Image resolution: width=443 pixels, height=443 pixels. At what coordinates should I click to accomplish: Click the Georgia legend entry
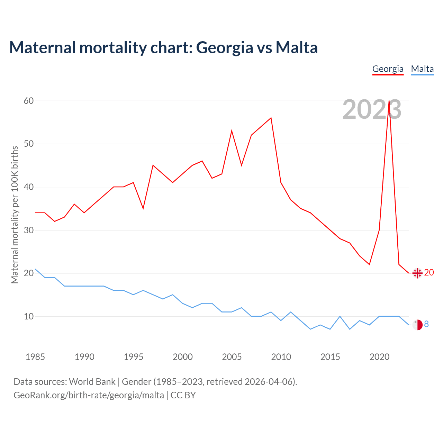(x=388, y=69)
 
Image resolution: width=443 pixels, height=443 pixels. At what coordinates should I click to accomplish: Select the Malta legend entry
(x=422, y=69)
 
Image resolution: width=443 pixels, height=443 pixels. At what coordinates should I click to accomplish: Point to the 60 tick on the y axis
(x=29, y=101)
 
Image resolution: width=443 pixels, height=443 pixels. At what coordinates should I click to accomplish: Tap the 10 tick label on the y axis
(x=29, y=316)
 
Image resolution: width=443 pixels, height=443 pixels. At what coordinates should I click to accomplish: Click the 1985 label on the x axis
(x=35, y=357)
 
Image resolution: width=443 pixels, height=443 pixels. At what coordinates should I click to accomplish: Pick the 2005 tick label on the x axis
(x=232, y=357)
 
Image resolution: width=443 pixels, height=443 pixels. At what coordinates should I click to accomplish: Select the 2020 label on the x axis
(x=379, y=357)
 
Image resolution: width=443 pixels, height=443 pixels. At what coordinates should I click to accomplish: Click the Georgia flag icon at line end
(x=417, y=273)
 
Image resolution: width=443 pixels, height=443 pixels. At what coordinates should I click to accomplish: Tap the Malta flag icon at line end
(x=417, y=325)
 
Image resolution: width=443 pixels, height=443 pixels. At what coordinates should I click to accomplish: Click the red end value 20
(x=429, y=273)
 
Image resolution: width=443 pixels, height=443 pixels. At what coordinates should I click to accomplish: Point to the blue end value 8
(x=426, y=324)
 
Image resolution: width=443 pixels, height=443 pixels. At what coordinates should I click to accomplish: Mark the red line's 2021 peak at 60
(x=389, y=101)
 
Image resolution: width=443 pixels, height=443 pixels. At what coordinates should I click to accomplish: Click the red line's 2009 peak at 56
(x=271, y=118)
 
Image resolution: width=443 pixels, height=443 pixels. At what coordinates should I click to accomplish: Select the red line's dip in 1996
(x=143, y=208)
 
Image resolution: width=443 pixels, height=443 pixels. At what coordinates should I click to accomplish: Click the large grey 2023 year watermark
(x=372, y=110)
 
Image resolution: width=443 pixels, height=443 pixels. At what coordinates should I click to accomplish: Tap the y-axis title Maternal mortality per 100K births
(x=15, y=215)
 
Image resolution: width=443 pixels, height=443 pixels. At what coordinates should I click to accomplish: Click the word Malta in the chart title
(x=297, y=47)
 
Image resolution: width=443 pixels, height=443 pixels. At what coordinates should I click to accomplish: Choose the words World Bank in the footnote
(x=92, y=382)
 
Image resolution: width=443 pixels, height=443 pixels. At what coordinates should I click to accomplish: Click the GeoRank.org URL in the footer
(x=89, y=395)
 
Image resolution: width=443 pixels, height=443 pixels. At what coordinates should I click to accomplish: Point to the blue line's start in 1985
(x=35, y=269)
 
